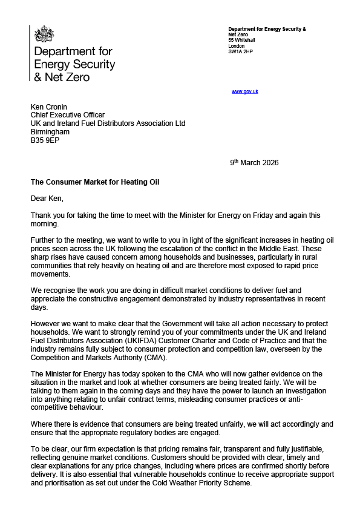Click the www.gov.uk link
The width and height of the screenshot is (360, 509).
click(x=245, y=91)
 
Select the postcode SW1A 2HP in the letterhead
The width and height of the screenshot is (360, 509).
click(x=240, y=52)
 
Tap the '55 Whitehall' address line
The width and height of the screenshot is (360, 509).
click(x=241, y=40)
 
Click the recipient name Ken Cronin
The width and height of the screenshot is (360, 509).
click(x=50, y=106)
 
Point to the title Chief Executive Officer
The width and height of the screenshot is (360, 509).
click(x=68, y=114)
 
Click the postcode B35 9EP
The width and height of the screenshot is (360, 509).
click(x=45, y=140)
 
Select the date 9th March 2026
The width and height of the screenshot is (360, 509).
click(x=254, y=162)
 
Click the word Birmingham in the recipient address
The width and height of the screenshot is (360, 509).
click(x=50, y=131)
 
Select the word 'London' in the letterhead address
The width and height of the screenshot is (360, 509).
click(x=237, y=46)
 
